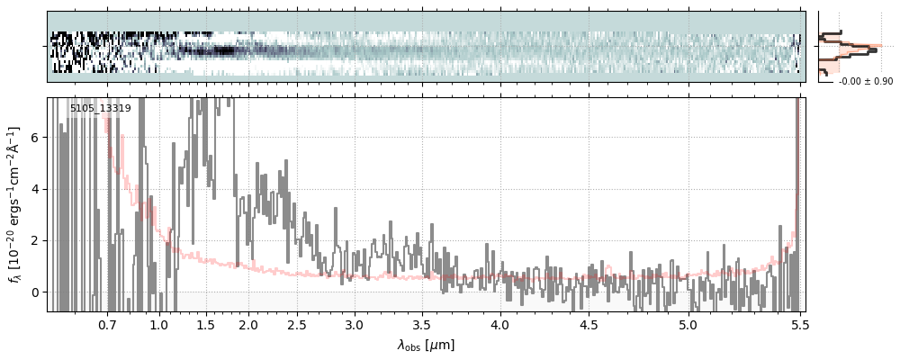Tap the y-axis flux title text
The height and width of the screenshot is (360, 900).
point(14,204)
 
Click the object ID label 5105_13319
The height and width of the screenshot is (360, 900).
point(101,109)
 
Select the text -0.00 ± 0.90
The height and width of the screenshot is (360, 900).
point(865,82)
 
